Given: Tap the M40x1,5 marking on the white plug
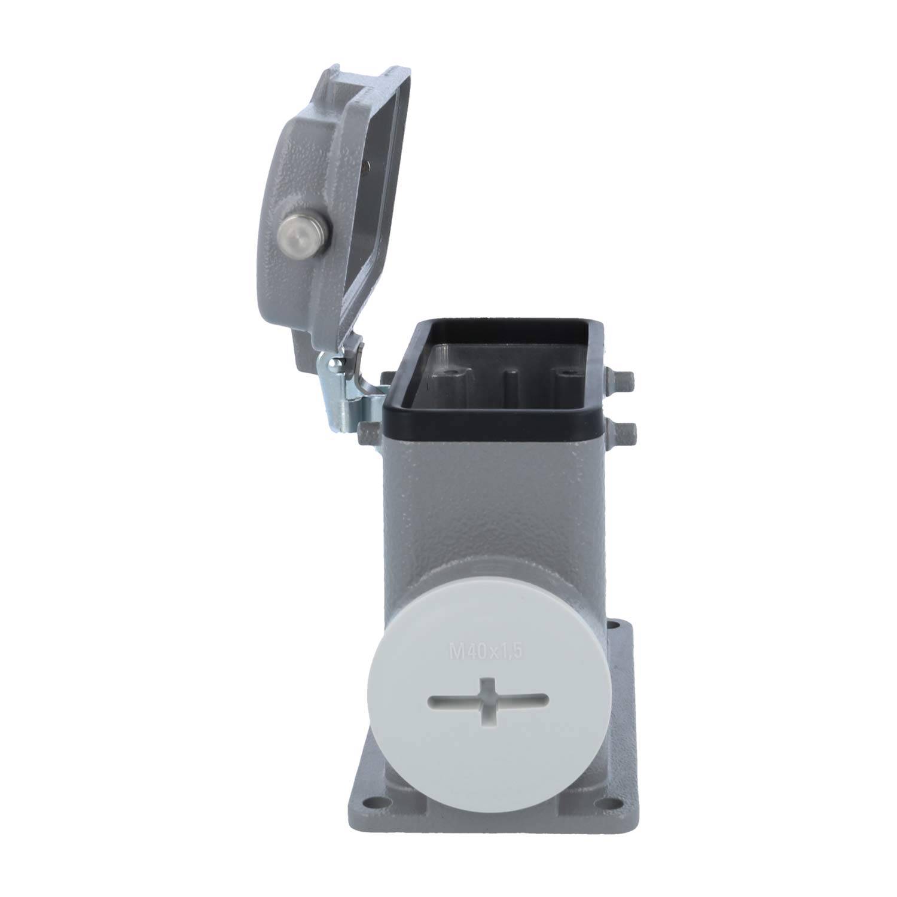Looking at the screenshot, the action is tap(486, 651).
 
